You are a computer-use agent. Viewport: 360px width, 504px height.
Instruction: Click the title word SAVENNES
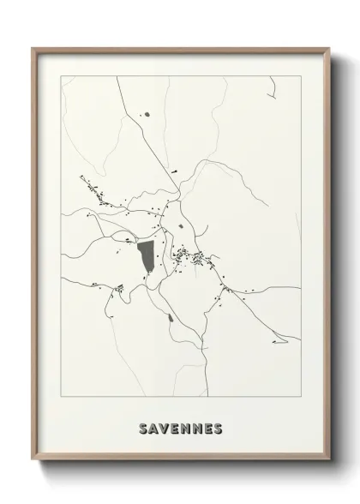tap(180, 428)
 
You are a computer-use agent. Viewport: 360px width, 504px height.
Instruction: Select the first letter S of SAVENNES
tap(142, 428)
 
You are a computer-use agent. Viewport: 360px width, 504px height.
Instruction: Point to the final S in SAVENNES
tap(218, 428)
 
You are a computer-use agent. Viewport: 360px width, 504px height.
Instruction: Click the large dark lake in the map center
tap(146, 255)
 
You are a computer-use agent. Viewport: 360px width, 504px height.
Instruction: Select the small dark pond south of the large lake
tap(171, 320)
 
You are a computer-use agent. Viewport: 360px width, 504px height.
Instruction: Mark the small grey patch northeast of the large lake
tap(180, 226)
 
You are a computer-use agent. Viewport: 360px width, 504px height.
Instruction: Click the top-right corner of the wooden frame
tap(327, 47)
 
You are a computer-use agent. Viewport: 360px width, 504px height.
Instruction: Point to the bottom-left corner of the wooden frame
tap(33, 461)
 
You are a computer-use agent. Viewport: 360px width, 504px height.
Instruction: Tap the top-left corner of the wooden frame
tap(33, 47)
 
